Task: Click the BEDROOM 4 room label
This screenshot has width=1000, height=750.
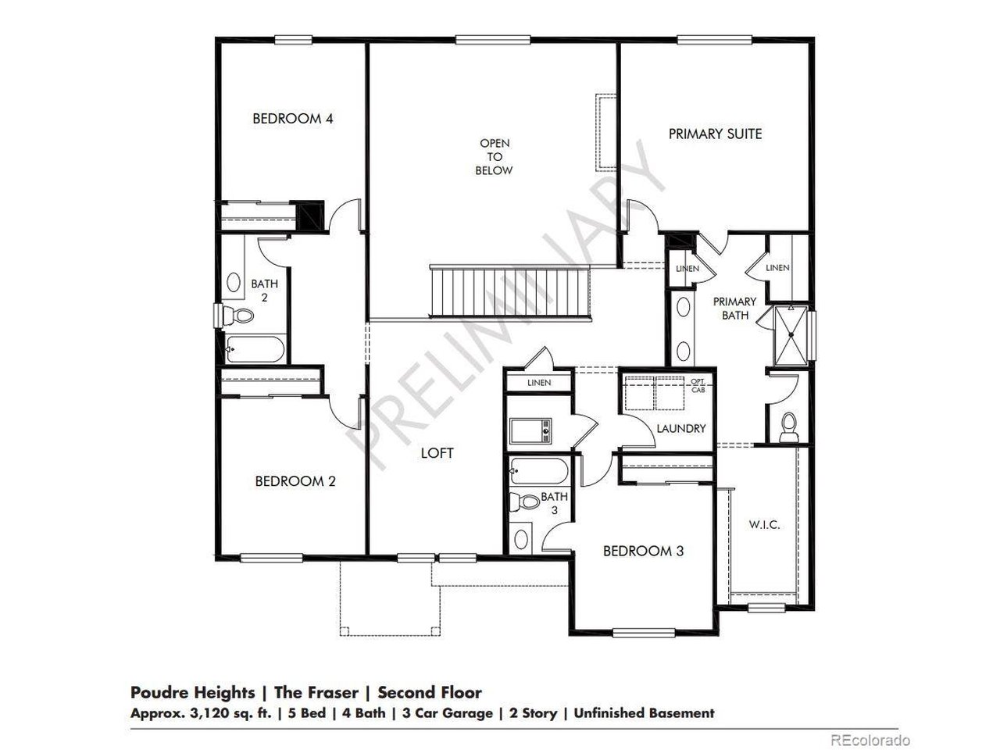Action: (x=293, y=119)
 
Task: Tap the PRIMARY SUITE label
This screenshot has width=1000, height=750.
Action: (x=715, y=134)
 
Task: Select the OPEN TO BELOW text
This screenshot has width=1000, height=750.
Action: (x=495, y=156)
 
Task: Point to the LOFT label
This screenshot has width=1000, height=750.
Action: (x=437, y=452)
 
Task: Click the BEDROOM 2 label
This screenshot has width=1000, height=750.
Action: (x=295, y=481)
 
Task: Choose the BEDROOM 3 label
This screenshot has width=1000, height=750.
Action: (x=643, y=551)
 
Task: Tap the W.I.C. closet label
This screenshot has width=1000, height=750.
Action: (x=763, y=524)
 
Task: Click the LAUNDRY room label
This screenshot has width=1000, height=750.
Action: (x=680, y=428)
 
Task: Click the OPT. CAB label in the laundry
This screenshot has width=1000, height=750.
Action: (x=698, y=384)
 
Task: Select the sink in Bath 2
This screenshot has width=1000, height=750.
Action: (x=234, y=283)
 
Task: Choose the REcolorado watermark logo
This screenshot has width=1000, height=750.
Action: (x=870, y=739)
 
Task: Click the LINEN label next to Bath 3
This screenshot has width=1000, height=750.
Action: (x=539, y=383)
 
